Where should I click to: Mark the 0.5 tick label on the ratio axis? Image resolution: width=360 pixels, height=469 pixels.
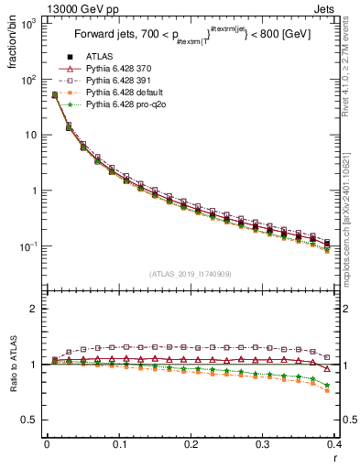30,420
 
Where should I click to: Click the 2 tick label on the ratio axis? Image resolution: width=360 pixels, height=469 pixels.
35,309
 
